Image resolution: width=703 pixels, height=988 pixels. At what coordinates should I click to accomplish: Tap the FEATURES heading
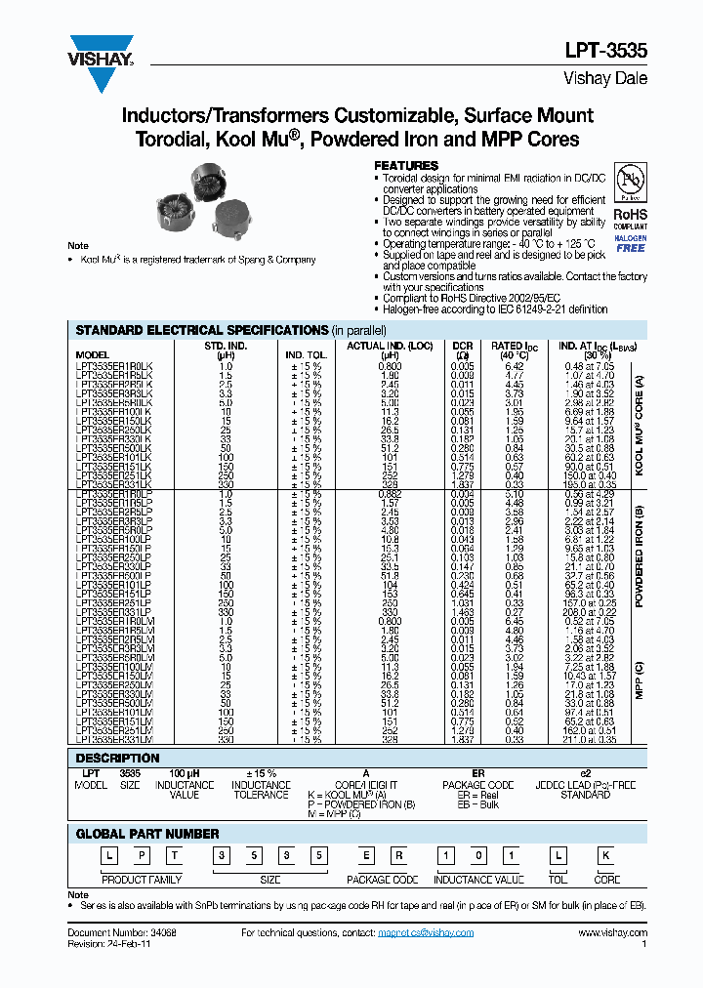pyautogui.click(x=406, y=166)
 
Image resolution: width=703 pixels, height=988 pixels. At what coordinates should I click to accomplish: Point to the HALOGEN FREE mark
pyautogui.click(x=630, y=243)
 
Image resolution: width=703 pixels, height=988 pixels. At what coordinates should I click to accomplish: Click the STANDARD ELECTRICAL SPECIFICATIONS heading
pyautogui.click(x=200, y=330)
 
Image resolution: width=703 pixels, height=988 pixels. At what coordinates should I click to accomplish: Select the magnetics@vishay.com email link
pyautogui.click(x=426, y=933)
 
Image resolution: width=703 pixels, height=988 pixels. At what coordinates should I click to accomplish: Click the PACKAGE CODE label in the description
pyautogui.click(x=477, y=784)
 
